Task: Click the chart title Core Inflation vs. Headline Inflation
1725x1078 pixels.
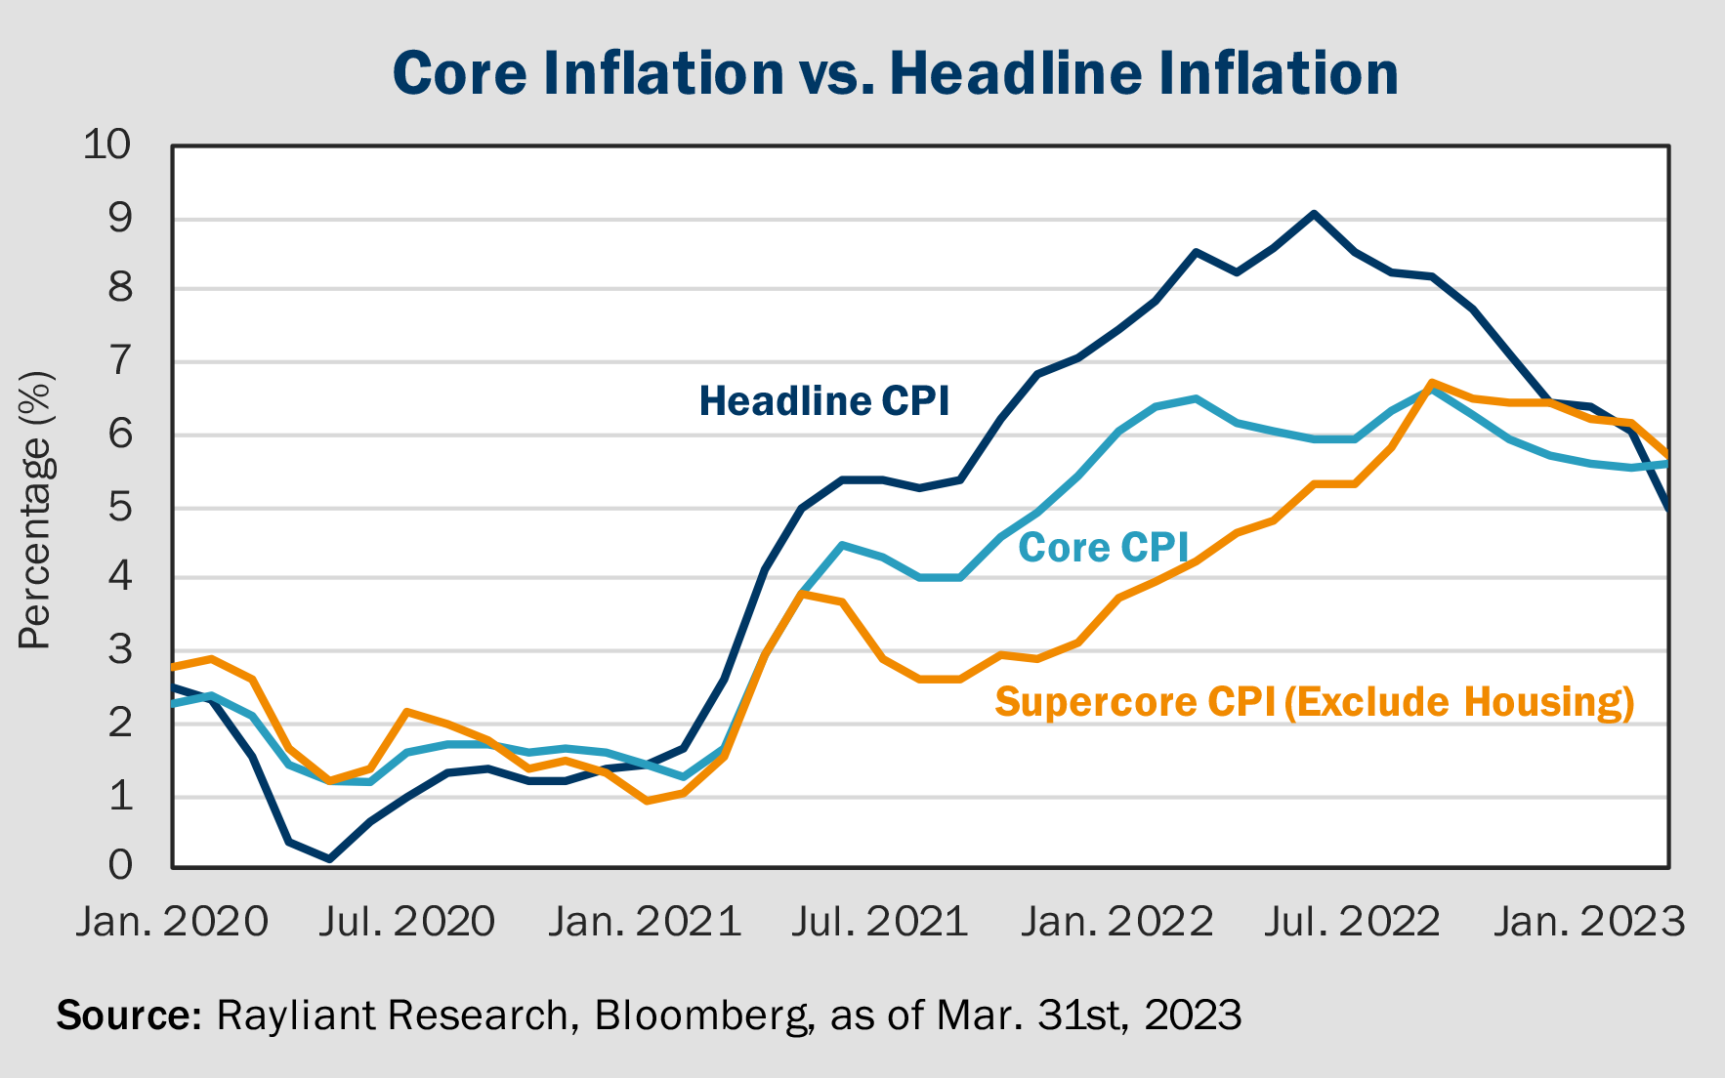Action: click(x=895, y=74)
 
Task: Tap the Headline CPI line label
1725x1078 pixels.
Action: click(x=823, y=401)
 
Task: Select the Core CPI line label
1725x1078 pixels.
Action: click(x=1103, y=548)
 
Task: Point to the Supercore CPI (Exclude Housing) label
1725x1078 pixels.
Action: click(x=1314, y=702)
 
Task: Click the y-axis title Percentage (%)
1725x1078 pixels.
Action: click(x=35, y=510)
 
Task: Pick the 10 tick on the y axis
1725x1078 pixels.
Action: click(x=106, y=145)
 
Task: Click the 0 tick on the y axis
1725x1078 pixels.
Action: click(x=119, y=865)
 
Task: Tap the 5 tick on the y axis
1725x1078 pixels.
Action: click(x=119, y=507)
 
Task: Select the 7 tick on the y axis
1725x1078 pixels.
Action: click(x=119, y=362)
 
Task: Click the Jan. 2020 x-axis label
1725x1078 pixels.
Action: click(x=172, y=922)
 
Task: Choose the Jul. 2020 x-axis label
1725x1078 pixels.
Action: click(x=406, y=922)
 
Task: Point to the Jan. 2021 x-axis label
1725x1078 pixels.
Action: click(x=645, y=922)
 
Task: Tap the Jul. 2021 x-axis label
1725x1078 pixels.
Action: click(x=879, y=922)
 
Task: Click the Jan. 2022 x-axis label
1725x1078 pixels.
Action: click(x=1117, y=922)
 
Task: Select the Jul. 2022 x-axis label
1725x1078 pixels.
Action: click(x=1352, y=922)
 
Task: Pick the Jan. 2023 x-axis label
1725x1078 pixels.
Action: click(x=1589, y=922)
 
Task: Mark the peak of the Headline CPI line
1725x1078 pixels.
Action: click(x=1314, y=213)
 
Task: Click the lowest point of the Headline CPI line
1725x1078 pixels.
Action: click(x=329, y=859)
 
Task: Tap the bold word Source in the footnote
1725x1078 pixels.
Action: click(x=127, y=1016)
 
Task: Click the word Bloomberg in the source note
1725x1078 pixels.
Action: click(x=701, y=1016)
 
